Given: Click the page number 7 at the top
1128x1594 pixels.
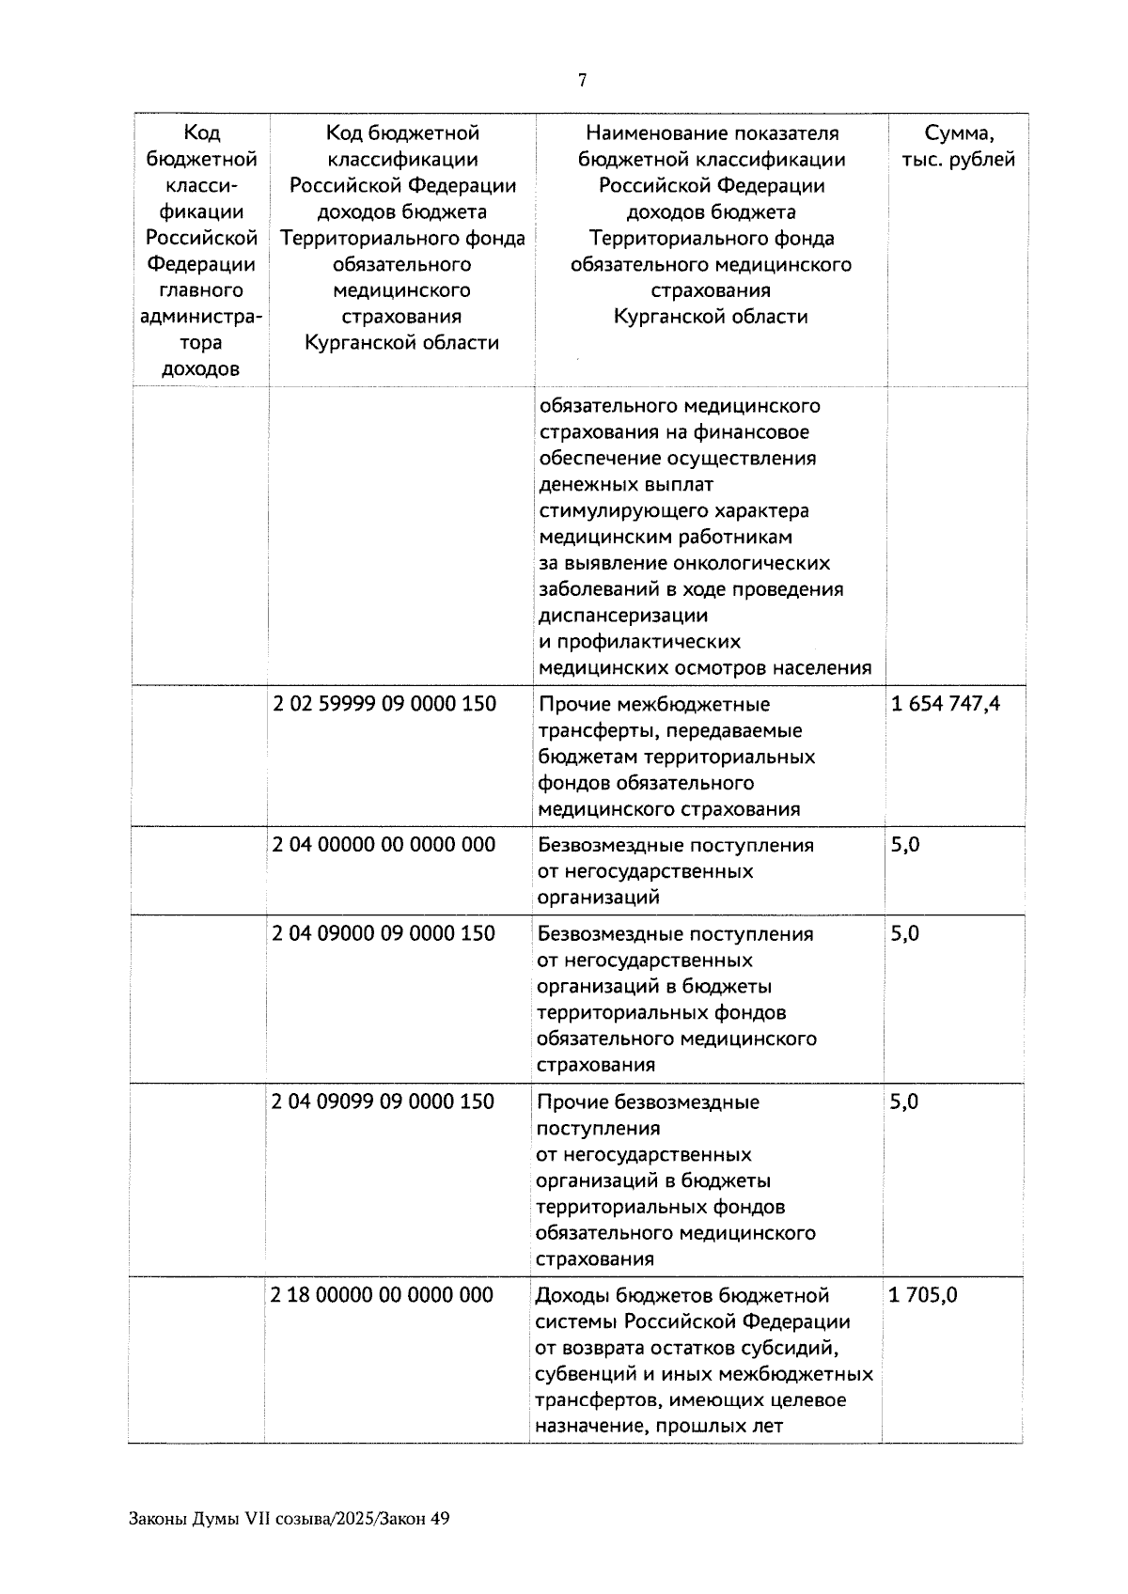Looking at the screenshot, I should point(582,81).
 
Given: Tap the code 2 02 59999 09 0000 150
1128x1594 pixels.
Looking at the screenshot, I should point(384,704).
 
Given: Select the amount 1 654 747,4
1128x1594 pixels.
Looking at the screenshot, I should point(945,704).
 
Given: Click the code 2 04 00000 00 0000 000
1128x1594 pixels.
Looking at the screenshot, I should point(384,845).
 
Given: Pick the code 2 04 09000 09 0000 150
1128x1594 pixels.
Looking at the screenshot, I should point(384,933).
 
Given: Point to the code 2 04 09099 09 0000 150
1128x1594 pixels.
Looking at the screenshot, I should point(383,1102).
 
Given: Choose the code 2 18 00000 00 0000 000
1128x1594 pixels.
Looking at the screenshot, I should point(382,1295).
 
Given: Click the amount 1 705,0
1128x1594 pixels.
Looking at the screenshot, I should point(923,1295).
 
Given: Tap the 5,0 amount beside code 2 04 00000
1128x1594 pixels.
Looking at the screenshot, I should point(905,845).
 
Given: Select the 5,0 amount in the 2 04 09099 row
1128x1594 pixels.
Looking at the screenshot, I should point(904,1102).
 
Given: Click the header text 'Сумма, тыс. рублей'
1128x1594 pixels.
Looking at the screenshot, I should point(958,147).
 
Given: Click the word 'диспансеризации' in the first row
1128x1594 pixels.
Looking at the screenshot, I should point(622,616).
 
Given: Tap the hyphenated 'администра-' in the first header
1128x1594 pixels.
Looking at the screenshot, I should point(200,317).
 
